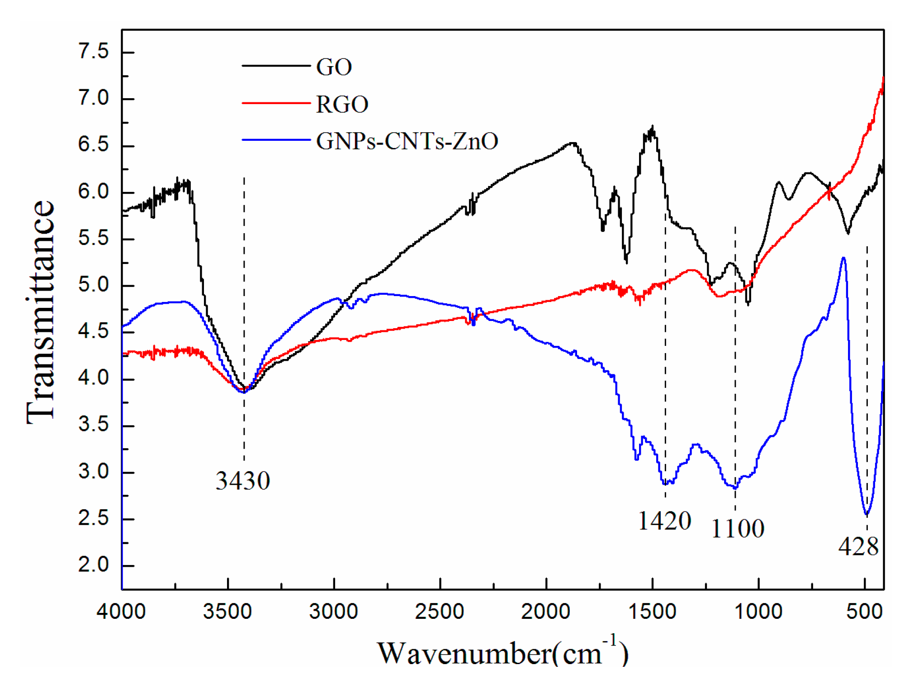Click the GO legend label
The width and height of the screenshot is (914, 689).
[334, 67]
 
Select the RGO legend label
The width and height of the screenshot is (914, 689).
[342, 105]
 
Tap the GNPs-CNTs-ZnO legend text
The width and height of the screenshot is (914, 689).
[407, 141]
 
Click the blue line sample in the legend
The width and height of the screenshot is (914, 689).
[276, 140]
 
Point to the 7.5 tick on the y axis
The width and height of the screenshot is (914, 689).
[93, 51]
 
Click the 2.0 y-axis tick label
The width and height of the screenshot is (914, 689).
[93, 565]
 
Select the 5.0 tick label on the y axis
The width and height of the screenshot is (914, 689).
[93, 285]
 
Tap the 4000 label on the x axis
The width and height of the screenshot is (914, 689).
[121, 612]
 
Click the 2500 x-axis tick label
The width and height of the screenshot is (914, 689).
[440, 612]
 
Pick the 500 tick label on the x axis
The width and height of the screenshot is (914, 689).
[864, 612]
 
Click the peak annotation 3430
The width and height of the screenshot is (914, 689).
[243, 481]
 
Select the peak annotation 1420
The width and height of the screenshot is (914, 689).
[664, 521]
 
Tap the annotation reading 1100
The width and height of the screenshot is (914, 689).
[738, 529]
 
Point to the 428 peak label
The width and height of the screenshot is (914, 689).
[858, 546]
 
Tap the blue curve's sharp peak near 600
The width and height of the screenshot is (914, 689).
[843, 258]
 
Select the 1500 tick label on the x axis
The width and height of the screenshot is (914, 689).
[652, 612]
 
